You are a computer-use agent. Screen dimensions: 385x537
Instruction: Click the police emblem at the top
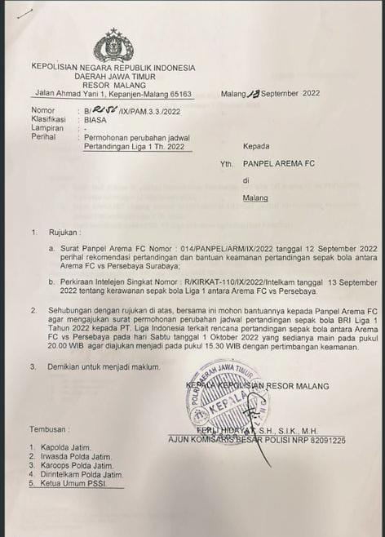[x=113, y=46]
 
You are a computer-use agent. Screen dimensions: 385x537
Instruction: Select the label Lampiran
[x=48, y=128]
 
